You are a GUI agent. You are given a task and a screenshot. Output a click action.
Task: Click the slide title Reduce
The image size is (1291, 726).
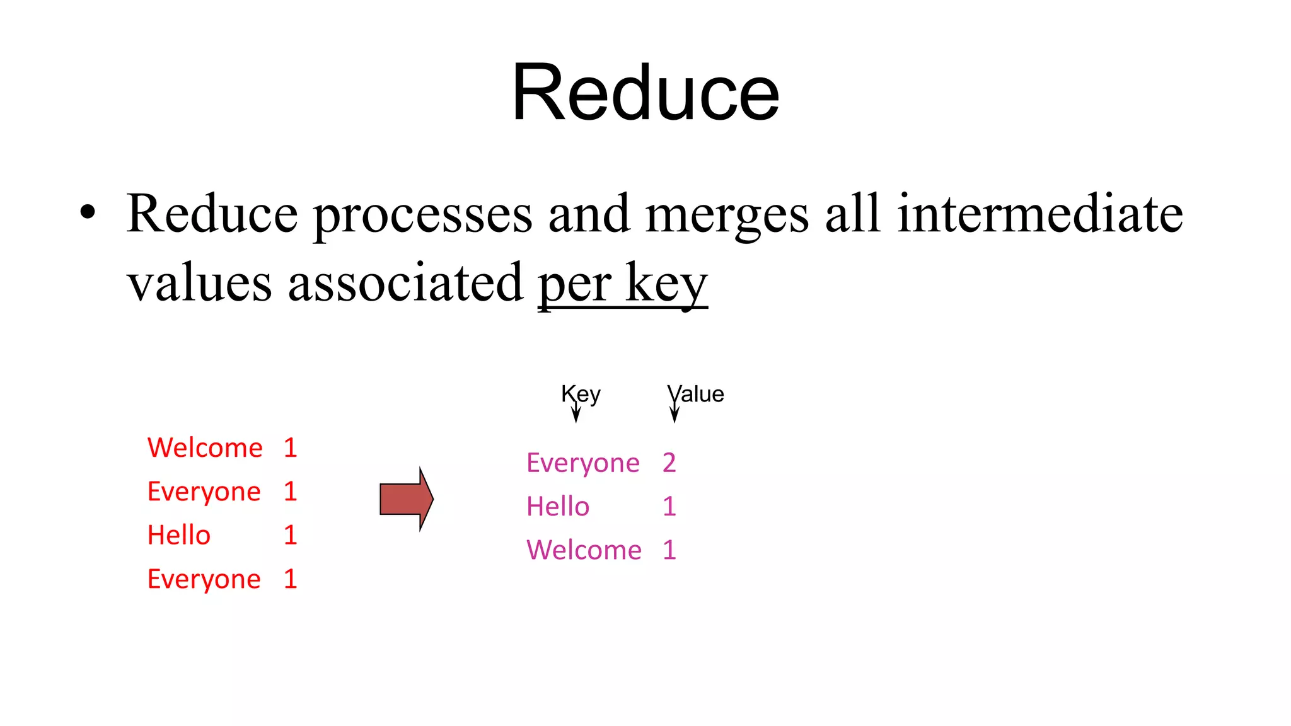pos(645,93)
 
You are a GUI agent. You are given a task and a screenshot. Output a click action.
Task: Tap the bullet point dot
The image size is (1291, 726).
pos(88,213)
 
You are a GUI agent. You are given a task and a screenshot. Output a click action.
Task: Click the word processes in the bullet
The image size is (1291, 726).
pos(422,214)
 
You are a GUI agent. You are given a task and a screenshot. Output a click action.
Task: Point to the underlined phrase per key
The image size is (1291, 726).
pos(622,283)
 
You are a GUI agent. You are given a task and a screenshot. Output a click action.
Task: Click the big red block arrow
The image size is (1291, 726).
pos(406,499)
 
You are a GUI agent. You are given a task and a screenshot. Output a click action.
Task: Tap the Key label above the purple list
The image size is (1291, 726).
pos(581,394)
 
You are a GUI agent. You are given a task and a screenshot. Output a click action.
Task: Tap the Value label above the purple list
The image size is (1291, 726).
pos(696,394)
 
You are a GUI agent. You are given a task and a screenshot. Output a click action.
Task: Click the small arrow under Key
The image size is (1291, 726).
pos(576,413)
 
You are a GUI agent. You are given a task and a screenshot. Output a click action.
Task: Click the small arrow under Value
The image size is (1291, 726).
pos(674,413)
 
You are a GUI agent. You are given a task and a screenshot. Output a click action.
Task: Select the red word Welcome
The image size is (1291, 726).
pos(205,448)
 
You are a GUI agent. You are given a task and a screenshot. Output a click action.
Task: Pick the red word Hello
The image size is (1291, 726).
pos(179,535)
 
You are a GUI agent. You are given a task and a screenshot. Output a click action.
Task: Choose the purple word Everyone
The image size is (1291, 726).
pos(583,463)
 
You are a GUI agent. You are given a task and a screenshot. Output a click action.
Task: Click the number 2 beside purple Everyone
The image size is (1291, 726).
pos(669,463)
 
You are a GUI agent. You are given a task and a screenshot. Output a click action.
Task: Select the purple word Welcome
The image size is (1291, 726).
pos(584,550)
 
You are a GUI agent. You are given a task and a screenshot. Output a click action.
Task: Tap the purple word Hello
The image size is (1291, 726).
pos(558,507)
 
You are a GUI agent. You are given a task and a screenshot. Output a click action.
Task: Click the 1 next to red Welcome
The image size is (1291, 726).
pos(290,448)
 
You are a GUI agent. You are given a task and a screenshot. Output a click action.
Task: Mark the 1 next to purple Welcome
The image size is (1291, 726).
pos(669,550)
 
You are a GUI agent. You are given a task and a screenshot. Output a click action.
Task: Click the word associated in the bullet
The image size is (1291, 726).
pos(405,283)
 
